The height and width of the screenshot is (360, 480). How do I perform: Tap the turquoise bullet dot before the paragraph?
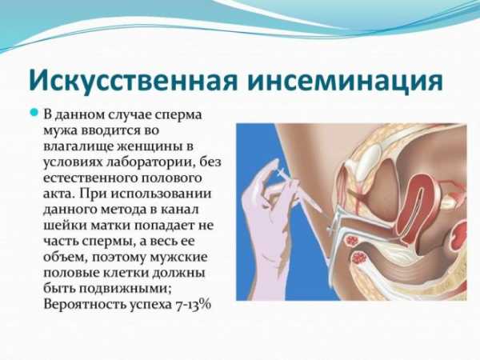[34, 112]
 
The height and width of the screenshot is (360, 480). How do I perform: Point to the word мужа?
[61, 132]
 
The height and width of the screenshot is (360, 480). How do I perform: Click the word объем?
[64, 258]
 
